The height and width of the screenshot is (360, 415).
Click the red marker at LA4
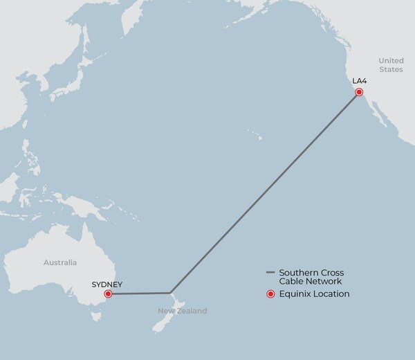(359, 92)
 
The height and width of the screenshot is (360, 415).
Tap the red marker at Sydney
(108, 294)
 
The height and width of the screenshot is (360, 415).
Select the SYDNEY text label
(107, 284)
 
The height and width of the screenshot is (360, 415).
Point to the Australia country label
(60, 263)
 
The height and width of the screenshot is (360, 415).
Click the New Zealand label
(181, 312)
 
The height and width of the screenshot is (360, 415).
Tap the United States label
(391, 65)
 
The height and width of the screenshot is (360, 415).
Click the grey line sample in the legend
(270, 272)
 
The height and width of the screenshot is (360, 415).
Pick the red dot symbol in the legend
(270, 294)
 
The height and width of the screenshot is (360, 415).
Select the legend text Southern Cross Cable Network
(311, 277)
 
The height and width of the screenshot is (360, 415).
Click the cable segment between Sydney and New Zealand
(138, 294)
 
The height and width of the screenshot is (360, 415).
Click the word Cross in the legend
(331, 272)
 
